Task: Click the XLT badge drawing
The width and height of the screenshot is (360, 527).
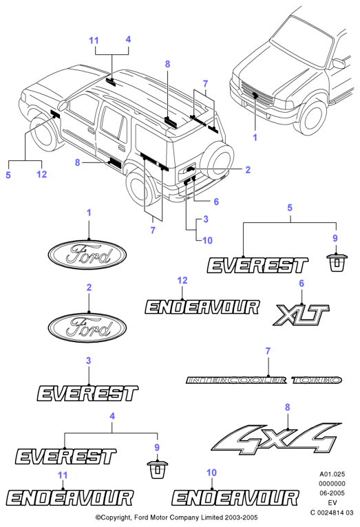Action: point(301,314)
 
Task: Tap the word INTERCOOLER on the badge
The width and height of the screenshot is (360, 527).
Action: point(236,380)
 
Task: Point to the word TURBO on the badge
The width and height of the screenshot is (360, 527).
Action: point(317,380)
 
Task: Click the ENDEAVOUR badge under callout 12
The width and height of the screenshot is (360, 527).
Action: point(202,307)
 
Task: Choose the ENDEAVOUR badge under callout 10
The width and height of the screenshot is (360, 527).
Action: point(235,497)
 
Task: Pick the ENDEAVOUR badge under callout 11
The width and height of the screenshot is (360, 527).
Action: point(70,497)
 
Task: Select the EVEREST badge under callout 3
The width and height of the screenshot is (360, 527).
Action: point(87,394)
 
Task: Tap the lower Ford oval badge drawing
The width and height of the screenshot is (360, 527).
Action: point(87,327)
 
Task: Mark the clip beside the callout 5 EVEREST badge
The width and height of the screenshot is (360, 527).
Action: point(337,263)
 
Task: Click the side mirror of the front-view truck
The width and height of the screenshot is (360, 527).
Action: point(339,63)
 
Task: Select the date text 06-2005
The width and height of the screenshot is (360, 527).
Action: point(332,493)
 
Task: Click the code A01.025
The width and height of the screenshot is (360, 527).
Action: point(332,474)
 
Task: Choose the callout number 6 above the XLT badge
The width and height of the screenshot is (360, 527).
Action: point(301,283)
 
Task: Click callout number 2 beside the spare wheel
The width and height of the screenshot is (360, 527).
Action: point(248,170)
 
